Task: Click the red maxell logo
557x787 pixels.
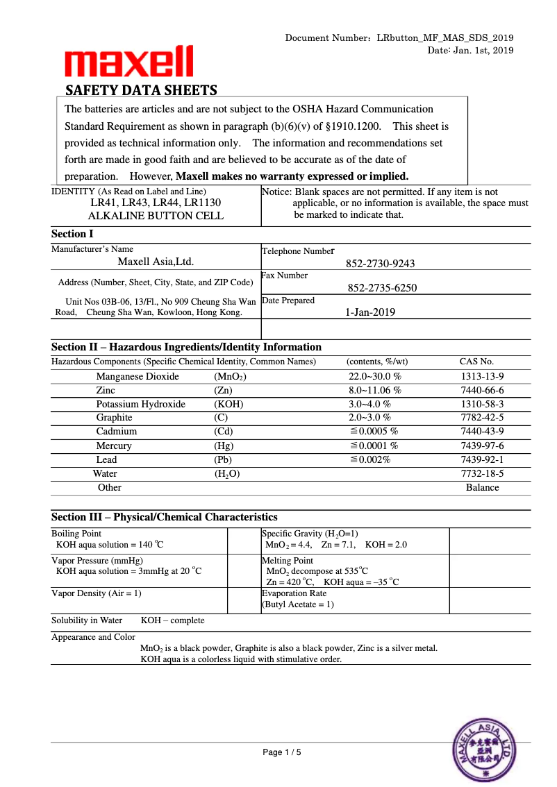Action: click(129, 62)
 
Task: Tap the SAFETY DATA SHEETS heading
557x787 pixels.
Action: click(141, 90)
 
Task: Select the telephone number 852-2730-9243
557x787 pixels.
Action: click(381, 264)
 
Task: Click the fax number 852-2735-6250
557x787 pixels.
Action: click(382, 288)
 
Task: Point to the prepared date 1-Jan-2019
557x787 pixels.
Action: click(370, 312)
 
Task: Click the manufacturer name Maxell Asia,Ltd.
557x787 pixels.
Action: click(156, 262)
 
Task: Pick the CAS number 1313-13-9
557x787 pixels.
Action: click(482, 376)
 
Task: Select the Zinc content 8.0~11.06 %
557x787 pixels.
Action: click(375, 390)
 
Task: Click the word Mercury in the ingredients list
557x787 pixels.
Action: click(114, 446)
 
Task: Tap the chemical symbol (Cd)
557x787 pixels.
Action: click(224, 432)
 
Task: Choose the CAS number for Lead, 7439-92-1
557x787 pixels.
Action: click(482, 459)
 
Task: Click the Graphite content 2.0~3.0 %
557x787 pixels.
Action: click(369, 418)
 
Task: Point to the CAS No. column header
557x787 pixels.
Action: click(476, 362)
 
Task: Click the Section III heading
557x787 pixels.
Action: click(165, 517)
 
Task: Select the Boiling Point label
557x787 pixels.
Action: click(76, 534)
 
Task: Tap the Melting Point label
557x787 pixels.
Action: click(287, 560)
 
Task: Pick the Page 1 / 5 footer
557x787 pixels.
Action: click(282, 752)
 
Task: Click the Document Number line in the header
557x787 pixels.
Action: click(399, 37)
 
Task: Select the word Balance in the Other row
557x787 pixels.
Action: click(482, 487)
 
